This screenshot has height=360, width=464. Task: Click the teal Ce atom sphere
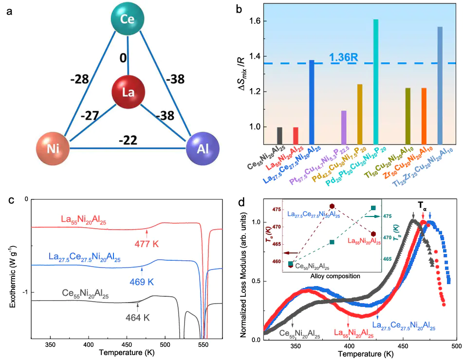128,19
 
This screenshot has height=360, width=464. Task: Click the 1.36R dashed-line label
344,57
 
